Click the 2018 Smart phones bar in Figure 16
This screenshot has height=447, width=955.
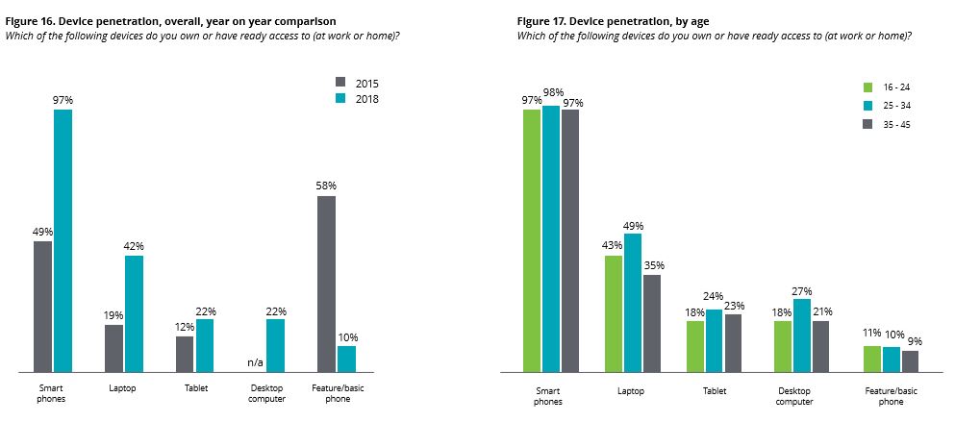(x=63, y=240)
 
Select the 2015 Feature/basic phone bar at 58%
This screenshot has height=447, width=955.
(x=326, y=284)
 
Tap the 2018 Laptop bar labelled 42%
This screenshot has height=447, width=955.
(x=134, y=313)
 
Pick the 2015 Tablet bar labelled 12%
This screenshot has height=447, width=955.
(x=185, y=354)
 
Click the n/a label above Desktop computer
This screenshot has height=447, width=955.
(x=255, y=362)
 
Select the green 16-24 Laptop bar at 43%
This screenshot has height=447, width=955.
(x=613, y=313)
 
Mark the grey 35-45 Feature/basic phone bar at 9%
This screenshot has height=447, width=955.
(x=910, y=361)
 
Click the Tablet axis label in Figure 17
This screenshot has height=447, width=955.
(x=715, y=391)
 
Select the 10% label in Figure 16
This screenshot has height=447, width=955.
(x=346, y=337)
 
